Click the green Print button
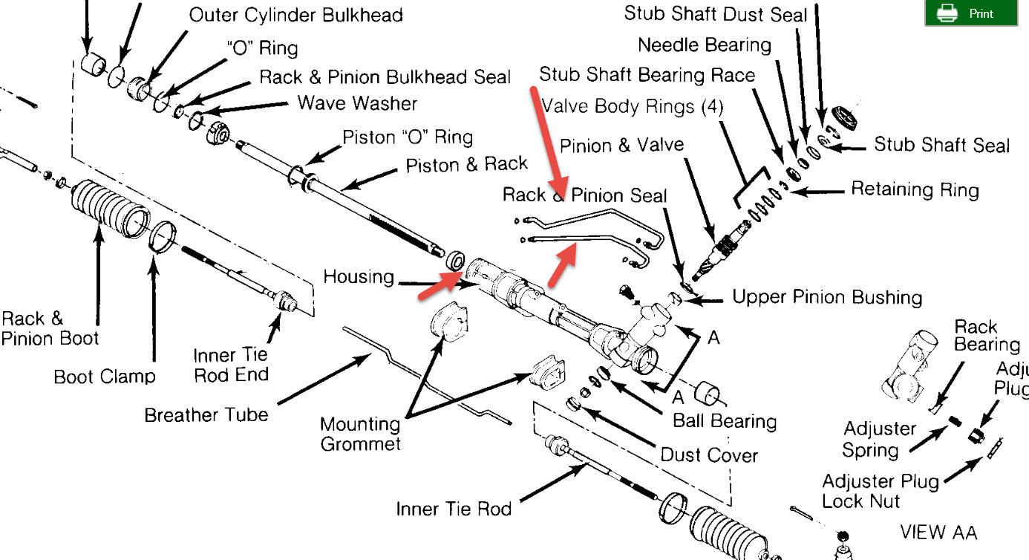[x=970, y=13]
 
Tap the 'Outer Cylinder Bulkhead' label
[x=295, y=15]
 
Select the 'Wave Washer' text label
[x=357, y=102]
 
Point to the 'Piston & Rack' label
[x=466, y=164]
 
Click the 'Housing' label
[x=359, y=277]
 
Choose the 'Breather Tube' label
[x=206, y=414]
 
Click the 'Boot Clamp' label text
[x=105, y=376]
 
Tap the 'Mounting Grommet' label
[x=360, y=434]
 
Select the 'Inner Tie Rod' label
[x=454, y=509]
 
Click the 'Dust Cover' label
[x=709, y=454]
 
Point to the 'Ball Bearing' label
[x=724, y=421]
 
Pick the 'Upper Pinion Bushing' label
[x=827, y=298]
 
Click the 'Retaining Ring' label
[x=915, y=189]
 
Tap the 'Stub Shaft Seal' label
[x=941, y=144]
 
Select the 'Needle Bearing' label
[x=705, y=45]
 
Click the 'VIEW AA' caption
[x=938, y=532]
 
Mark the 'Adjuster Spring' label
[x=880, y=440]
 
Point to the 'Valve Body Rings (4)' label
[x=633, y=105]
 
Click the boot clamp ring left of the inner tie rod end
[x=163, y=236]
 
